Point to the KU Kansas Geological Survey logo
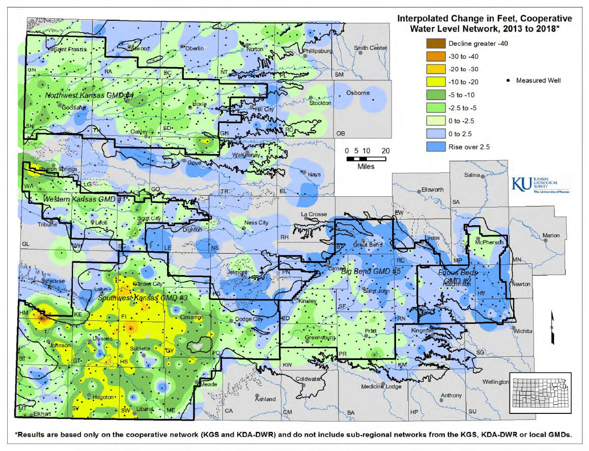(x=540, y=184)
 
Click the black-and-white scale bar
(x=366, y=159)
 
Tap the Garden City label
(x=147, y=283)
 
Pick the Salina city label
(x=472, y=175)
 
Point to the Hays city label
(x=314, y=174)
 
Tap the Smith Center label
(x=370, y=48)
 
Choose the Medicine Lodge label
(x=381, y=387)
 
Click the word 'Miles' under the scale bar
(x=366, y=167)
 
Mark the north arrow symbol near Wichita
(x=552, y=322)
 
